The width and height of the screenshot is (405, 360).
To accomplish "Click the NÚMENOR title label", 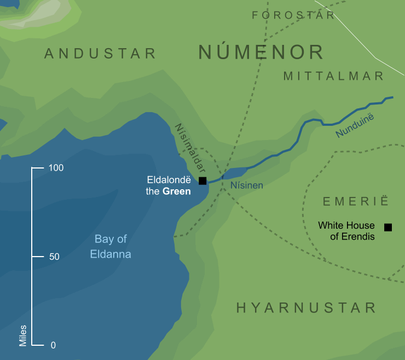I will pos(261,53).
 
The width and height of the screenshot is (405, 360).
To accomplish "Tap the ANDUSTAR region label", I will pos(100,54).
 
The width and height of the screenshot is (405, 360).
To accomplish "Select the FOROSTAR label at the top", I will pos(293,15).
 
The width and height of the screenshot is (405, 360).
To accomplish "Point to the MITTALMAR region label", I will pos(334,76).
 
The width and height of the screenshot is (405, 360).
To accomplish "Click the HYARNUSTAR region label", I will pos(306,308).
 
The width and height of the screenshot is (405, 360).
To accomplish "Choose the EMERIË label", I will pos(355,202).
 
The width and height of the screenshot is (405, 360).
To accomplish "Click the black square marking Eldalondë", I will pos(202,181).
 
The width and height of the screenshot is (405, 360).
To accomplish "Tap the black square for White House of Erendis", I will pos(388,227).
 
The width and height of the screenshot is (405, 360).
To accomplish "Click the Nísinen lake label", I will pos(247,185).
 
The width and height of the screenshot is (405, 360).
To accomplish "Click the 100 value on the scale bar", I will pos(56,169).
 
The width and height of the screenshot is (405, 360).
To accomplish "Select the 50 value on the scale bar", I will pos(54,257).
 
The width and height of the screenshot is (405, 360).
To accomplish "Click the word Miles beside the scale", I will pos(22,334).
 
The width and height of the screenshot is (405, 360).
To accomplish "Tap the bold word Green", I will pos(177,191).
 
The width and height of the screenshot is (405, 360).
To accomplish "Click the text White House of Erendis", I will pos(346,231).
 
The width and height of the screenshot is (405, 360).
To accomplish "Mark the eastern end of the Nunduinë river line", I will pos(392,98).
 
